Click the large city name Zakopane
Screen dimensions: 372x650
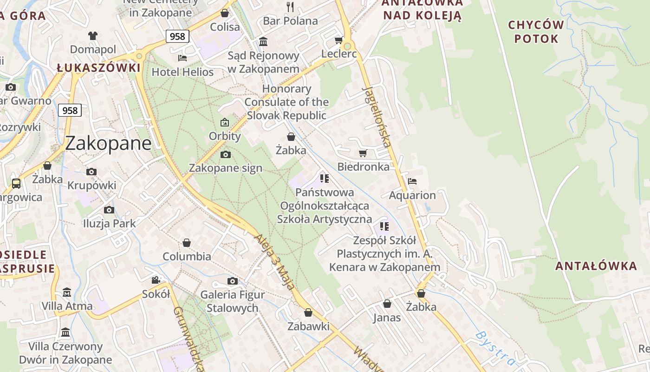pyautogui.click(x=108, y=143)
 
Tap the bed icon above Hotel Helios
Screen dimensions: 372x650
pyautogui.click(x=182, y=58)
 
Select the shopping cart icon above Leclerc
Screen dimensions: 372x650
pyautogui.click(x=339, y=40)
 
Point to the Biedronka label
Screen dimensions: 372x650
pyautogui.click(x=364, y=166)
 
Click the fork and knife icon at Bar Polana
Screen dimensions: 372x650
pyautogui.click(x=291, y=7)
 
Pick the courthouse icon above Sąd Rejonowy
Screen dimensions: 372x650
pyautogui.click(x=263, y=42)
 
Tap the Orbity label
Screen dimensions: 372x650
pyautogui.click(x=225, y=136)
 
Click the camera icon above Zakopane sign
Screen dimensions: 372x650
pyautogui.click(x=225, y=154)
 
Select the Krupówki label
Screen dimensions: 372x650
pyautogui.click(x=91, y=186)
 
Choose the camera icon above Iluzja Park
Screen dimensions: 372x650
pyautogui.click(x=109, y=210)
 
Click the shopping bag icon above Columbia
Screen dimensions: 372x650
pyautogui.click(x=187, y=243)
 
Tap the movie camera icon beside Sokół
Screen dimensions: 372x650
pyautogui.click(x=156, y=280)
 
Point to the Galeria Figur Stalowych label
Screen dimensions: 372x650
pyautogui.click(x=233, y=301)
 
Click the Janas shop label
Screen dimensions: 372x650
pyautogui.click(x=387, y=318)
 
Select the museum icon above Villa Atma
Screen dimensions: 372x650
pyautogui.click(x=67, y=292)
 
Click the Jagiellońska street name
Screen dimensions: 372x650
pyautogui.click(x=377, y=116)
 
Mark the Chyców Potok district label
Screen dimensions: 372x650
pyautogui.click(x=536, y=32)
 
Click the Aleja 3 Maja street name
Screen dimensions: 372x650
pyautogui.click(x=274, y=262)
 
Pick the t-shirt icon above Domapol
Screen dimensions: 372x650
pyautogui.click(x=93, y=35)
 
